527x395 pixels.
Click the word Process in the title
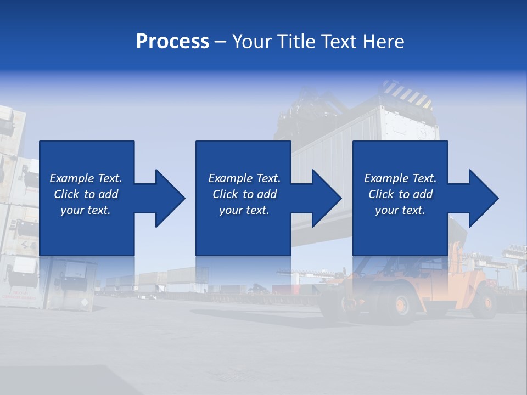tap(172, 42)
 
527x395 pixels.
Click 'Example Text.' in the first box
tap(86, 178)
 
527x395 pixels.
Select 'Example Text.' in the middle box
tap(244, 178)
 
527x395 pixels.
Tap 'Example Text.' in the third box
tap(400, 178)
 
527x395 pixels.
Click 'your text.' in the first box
tap(86, 210)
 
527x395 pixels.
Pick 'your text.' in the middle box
tap(244, 210)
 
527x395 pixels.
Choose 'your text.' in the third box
tap(400, 210)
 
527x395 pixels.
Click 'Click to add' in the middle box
tap(244, 194)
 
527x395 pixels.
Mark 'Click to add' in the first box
tap(86, 194)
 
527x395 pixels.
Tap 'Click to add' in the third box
tap(400, 194)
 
